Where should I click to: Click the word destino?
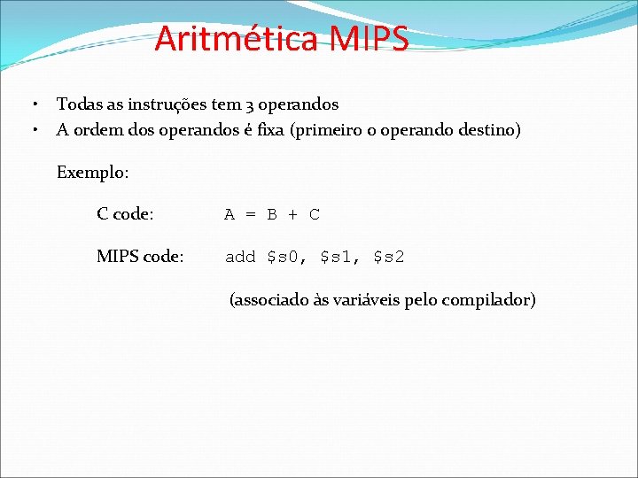[x=489, y=130]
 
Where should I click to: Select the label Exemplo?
[x=92, y=173]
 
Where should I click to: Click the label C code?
[x=125, y=214]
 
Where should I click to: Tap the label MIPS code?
[x=140, y=257]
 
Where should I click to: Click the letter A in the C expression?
[x=230, y=214]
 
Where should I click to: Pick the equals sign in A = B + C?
[x=251, y=214]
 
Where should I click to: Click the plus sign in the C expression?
[x=293, y=214]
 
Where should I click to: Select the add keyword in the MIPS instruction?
[x=240, y=257]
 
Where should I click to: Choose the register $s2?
[x=388, y=258]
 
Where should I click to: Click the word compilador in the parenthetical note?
[x=491, y=299]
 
